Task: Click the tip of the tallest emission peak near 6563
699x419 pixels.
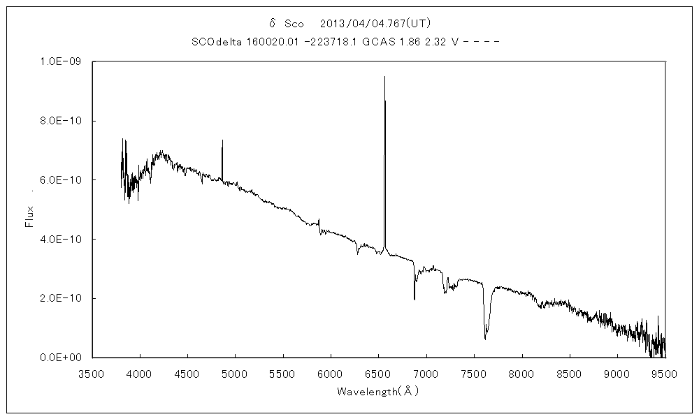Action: tap(384, 77)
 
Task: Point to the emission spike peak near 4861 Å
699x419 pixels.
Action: tap(222, 140)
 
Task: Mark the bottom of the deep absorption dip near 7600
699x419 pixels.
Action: tap(485, 339)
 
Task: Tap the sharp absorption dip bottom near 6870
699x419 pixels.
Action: tap(415, 300)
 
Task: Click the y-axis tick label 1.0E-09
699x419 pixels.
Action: tap(62, 61)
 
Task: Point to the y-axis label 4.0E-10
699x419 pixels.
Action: tap(62, 240)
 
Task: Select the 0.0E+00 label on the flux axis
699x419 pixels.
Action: tap(62, 358)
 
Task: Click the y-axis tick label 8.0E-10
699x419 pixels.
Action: tap(62, 121)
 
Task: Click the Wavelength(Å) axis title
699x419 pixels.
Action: tap(377, 391)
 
